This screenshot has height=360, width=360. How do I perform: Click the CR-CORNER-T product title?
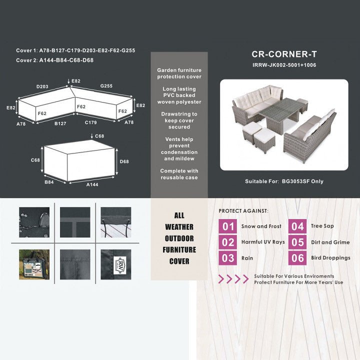coord(284,54)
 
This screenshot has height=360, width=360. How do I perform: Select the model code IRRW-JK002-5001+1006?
coord(284,65)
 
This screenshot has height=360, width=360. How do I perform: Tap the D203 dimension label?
coord(42,87)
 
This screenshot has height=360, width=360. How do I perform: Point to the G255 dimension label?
coord(106,86)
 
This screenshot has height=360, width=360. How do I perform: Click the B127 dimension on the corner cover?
coord(60,122)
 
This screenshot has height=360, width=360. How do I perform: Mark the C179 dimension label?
coord(90,122)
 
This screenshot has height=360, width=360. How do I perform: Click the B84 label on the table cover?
coord(49,182)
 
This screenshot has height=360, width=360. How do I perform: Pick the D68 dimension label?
coord(124,161)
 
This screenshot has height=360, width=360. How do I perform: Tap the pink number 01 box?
coord(228,226)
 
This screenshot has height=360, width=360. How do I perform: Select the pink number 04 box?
coord(297,226)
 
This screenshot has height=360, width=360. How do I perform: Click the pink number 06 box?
coord(297,258)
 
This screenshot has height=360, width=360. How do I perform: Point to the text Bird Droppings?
coord(330,258)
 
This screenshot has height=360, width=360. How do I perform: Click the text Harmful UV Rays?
coord(263,242)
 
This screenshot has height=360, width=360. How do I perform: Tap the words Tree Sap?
coord(322,226)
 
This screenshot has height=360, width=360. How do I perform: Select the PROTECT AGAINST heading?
coord(243,211)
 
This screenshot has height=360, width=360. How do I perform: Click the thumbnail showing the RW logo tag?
coord(115,264)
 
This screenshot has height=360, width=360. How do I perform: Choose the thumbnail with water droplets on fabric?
coord(34,222)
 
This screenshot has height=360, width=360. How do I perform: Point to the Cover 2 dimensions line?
coord(55,60)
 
